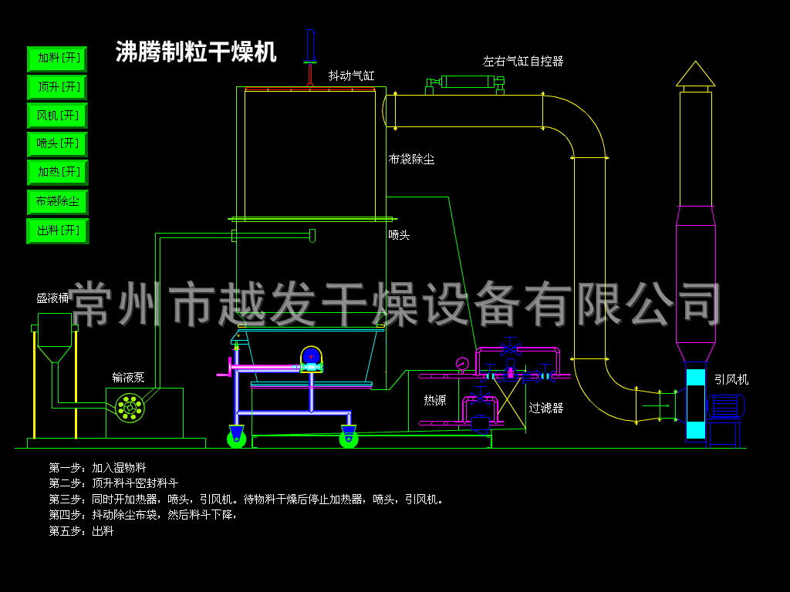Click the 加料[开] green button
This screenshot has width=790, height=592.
[57, 59]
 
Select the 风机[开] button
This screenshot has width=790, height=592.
[57, 116]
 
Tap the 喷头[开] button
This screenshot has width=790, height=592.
[57, 144]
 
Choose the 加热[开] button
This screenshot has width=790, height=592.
[57, 172]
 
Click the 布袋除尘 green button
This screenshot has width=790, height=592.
[57, 202]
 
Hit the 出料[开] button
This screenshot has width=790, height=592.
[57, 230]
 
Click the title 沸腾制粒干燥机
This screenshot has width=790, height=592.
[196, 52]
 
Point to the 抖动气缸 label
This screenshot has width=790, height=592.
[351, 76]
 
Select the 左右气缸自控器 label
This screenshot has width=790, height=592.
[523, 61]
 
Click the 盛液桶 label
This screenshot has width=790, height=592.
[52, 298]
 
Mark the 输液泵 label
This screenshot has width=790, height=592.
[128, 377]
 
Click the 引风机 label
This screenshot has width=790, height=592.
[730, 379]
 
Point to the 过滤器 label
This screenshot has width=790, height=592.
[545, 408]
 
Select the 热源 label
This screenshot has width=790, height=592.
[434, 400]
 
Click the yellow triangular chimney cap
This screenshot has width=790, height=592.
[695, 74]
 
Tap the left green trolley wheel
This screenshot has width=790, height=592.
[236, 439]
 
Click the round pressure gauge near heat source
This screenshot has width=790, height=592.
[462, 363]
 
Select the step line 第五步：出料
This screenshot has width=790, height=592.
[81, 530]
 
